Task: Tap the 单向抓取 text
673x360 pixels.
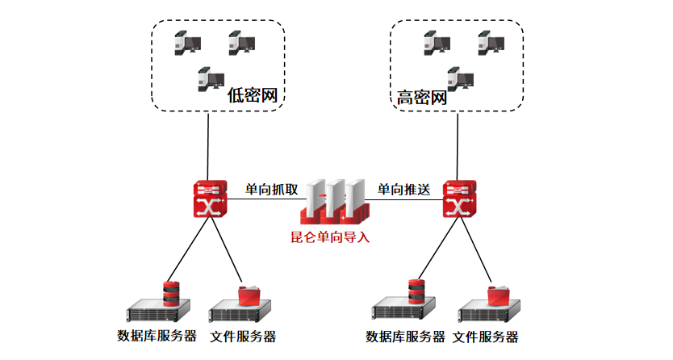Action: pos(272,189)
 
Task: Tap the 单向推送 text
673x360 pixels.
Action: pos(403,189)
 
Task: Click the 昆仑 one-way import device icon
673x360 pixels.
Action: pos(334,202)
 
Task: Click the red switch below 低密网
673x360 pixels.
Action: pos(210,199)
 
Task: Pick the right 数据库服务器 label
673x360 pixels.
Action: pos(405,337)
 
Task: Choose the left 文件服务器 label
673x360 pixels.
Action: pos(243,336)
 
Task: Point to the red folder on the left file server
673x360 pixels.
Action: pos(250,295)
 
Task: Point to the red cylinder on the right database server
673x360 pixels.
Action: pos(416,291)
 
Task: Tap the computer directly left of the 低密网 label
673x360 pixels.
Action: pos(210,80)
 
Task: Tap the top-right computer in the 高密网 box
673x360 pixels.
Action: pos(489,42)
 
